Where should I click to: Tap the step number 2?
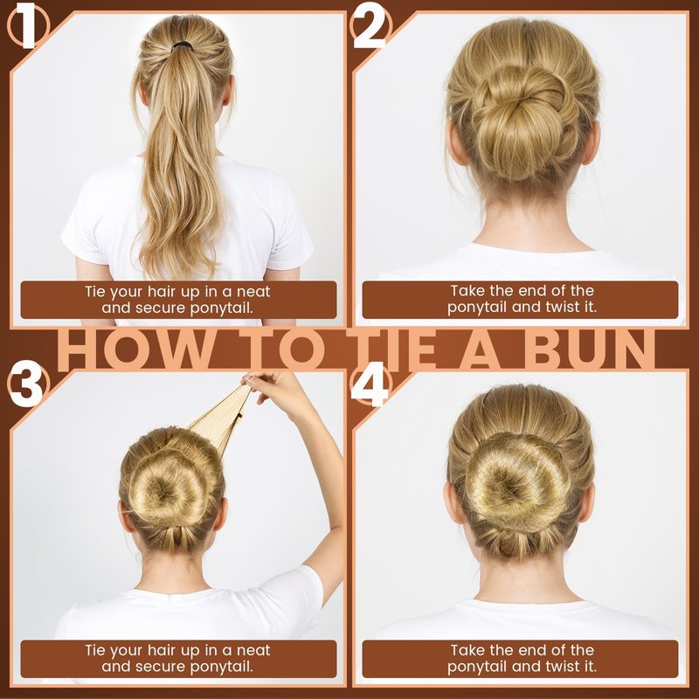click(x=370, y=26)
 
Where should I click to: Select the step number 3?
click(x=26, y=384)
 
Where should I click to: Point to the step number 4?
click(x=369, y=384)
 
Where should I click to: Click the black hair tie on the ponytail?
click(x=183, y=45)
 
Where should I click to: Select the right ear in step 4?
click(x=586, y=504)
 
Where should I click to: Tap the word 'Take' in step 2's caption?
click(x=467, y=291)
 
